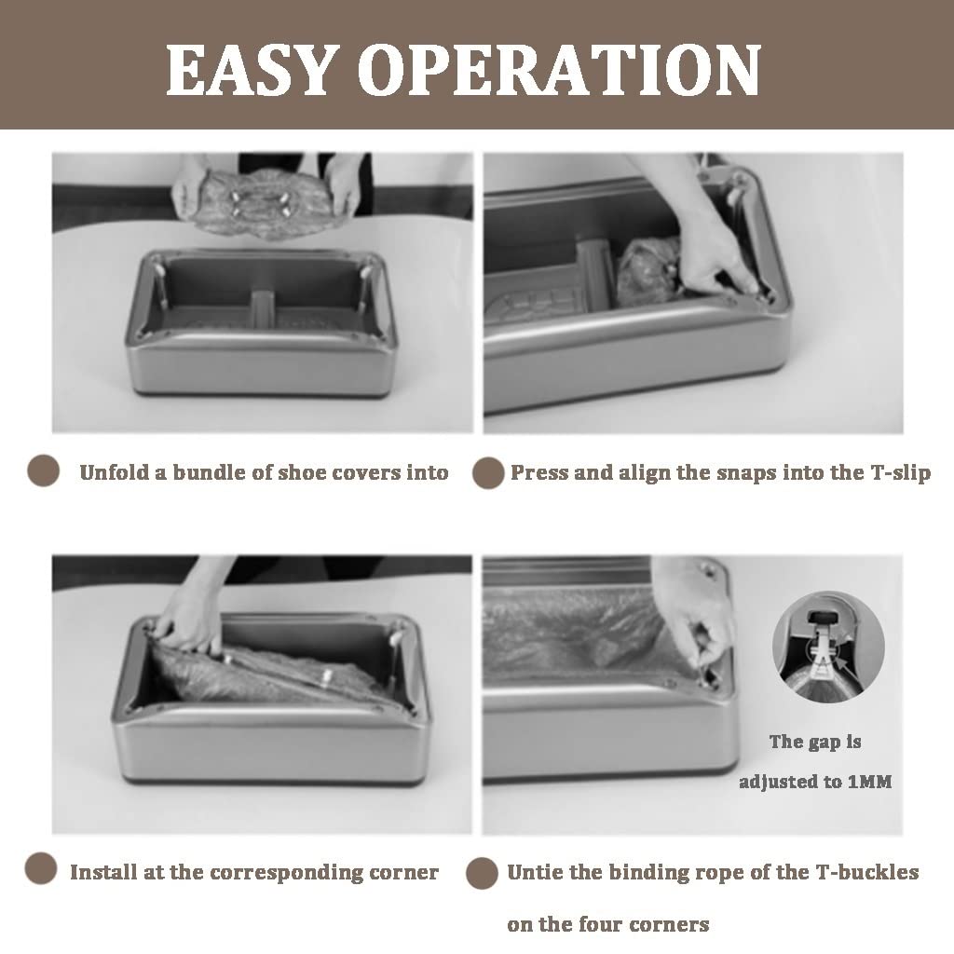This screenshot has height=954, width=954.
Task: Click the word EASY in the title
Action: (252, 69)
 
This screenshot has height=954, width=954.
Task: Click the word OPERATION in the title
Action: (559, 69)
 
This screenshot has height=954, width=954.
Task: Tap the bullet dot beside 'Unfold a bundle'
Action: (44, 470)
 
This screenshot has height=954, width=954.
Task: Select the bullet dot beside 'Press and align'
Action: (488, 472)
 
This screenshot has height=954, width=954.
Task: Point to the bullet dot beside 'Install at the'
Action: (41, 867)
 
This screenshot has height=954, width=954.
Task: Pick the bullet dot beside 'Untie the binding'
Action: (482, 873)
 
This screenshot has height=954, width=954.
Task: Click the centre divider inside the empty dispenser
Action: (263, 307)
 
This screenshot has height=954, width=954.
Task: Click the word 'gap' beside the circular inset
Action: (825, 743)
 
